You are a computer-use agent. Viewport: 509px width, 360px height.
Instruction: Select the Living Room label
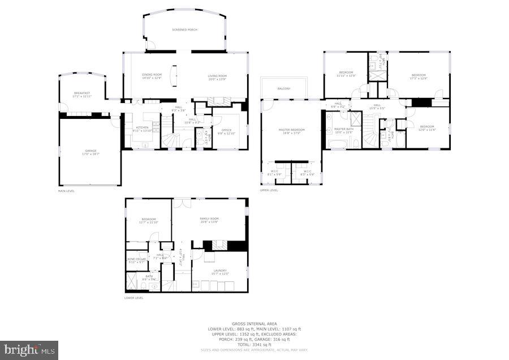point(217,77)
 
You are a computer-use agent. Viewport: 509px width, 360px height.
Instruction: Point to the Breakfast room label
point(82,95)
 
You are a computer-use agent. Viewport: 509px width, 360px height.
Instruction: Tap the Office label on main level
point(226,131)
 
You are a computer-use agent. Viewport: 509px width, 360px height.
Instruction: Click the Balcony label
point(284,89)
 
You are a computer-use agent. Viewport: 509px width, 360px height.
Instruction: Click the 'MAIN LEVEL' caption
point(66,191)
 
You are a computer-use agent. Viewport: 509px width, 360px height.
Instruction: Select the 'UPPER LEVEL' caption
point(269,191)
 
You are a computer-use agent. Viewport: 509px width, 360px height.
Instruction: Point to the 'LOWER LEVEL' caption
point(133,297)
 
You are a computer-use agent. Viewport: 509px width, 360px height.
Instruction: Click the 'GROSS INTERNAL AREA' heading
point(254,324)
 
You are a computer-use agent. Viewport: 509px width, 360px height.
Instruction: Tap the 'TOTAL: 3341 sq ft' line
point(254,345)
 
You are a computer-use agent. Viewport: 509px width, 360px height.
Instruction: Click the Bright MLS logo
point(29,350)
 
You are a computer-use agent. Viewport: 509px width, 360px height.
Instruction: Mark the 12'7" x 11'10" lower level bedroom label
point(148,221)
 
